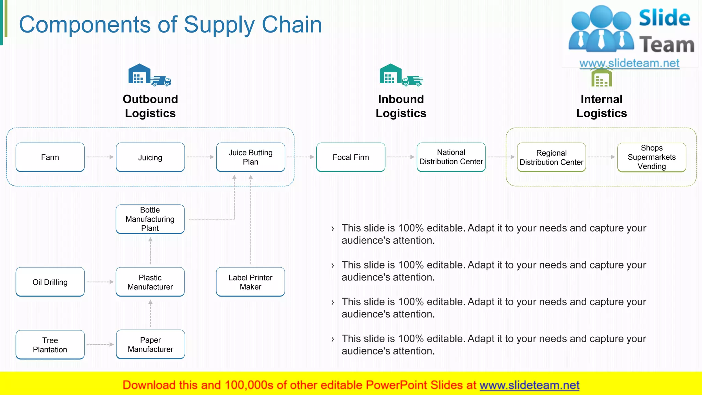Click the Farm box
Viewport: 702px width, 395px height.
50,157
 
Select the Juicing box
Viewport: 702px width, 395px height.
150,157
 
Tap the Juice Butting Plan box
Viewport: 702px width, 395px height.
251,157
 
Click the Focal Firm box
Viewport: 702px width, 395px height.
351,157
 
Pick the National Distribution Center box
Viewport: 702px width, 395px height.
451,157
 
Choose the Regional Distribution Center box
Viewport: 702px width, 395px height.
551,157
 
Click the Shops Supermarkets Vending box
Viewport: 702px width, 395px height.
652,157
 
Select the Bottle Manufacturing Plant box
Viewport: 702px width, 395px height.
150,219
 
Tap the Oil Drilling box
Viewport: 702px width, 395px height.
50,282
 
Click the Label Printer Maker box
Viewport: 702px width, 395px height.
251,282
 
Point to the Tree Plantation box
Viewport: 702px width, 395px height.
50,345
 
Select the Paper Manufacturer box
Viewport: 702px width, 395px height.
150,345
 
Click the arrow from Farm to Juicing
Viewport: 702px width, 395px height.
100,157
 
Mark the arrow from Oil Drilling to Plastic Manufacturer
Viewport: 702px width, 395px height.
100,282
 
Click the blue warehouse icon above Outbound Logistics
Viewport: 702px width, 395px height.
139,74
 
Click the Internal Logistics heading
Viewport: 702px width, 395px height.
601,106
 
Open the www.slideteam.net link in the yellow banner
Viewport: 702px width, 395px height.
529,385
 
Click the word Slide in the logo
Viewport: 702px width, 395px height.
664,19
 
